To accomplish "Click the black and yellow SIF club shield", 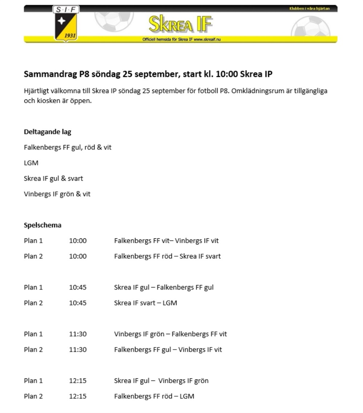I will (66, 23).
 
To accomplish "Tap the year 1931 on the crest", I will (69, 36).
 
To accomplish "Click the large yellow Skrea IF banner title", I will (180, 24).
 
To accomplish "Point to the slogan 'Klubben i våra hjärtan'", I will (309, 8).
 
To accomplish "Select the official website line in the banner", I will (181, 40).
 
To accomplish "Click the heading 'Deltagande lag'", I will (48, 132).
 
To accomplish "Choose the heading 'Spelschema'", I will (42, 225).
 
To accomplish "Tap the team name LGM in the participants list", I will (31, 163).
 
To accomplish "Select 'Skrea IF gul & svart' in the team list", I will (53, 179).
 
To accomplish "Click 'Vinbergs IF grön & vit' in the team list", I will (57, 194).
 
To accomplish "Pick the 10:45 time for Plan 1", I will (78, 287).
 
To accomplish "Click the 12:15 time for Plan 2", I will (78, 396).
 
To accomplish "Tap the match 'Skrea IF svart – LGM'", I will (146, 303).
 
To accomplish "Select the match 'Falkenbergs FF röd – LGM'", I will (154, 396).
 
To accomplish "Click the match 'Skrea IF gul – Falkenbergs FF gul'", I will (164, 287).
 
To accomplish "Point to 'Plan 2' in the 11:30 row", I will (33, 350).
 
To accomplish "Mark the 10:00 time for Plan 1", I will (78, 241).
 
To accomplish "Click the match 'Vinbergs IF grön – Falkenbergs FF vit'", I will (170, 334).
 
